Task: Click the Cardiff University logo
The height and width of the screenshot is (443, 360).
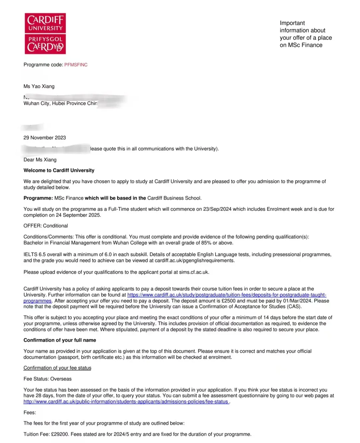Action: point(45,33)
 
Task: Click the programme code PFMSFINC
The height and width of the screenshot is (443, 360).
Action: point(76,65)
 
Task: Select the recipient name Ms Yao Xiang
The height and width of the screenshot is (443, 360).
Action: point(39,86)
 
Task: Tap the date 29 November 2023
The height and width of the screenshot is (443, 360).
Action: point(45,138)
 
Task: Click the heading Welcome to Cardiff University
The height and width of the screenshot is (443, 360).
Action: point(59,170)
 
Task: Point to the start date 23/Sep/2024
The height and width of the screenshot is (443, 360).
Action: point(217,209)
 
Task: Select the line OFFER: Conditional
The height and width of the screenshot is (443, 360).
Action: point(46,226)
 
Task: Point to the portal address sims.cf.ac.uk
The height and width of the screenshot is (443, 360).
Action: point(194,272)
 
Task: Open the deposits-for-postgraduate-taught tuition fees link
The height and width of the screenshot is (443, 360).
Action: point(227,295)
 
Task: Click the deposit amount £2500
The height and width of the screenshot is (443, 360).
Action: point(228,301)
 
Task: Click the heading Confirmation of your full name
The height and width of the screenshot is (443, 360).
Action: point(60,340)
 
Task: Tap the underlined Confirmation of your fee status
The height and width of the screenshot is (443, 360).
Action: point(57,368)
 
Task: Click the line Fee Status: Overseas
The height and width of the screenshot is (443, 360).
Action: point(47,379)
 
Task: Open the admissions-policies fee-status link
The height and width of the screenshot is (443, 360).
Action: point(126,402)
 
